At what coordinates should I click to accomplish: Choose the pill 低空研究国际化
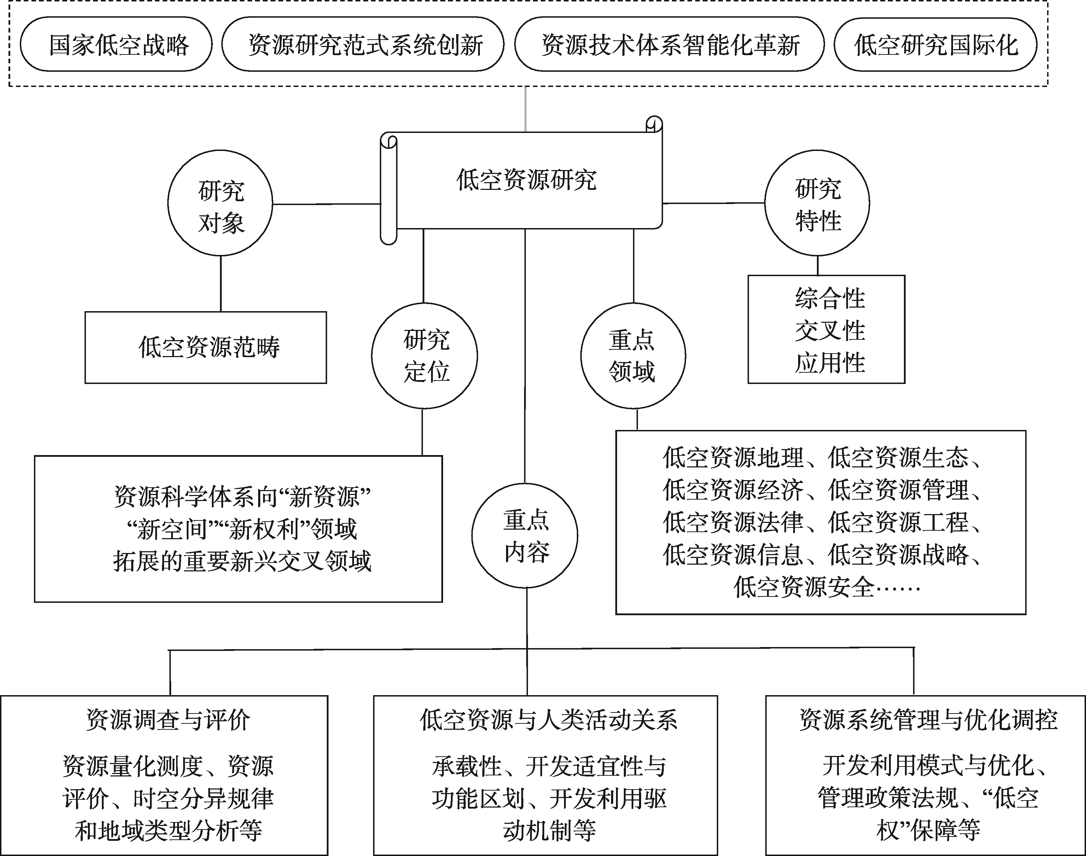click(935, 45)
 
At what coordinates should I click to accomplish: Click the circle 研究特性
click(817, 203)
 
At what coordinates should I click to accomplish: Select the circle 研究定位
click(424, 356)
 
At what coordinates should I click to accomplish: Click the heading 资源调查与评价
click(168, 720)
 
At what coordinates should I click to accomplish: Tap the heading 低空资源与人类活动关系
click(548, 720)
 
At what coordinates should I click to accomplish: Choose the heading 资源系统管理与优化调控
click(928, 720)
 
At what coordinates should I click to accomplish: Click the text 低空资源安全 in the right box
click(804, 586)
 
